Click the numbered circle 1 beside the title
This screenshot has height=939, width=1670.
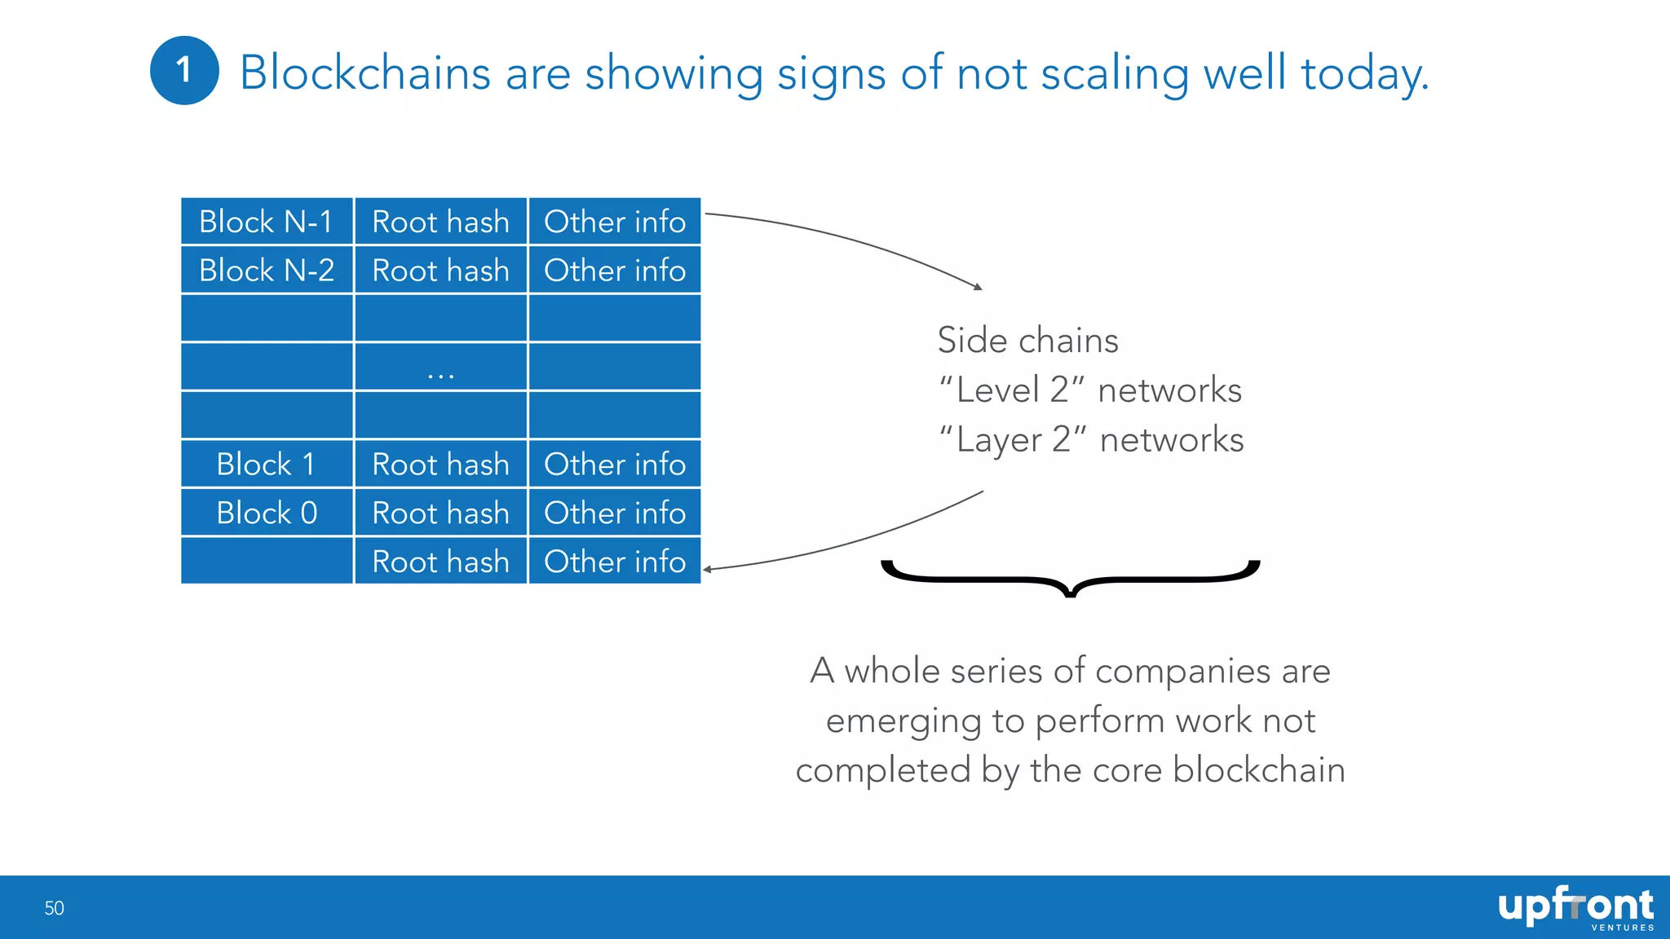click(184, 70)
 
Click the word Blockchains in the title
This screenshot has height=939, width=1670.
click(364, 73)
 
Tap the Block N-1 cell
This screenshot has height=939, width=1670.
click(267, 222)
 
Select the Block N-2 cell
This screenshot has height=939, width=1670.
click(267, 270)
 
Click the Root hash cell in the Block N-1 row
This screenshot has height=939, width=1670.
click(440, 222)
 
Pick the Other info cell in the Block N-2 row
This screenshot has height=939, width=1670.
click(615, 270)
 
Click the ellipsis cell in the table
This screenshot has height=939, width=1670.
click(440, 367)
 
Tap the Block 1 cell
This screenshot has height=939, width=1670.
click(267, 464)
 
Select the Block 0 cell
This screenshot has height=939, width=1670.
click(267, 513)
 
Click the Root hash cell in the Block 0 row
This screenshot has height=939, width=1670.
click(440, 513)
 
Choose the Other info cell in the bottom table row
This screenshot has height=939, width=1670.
click(615, 562)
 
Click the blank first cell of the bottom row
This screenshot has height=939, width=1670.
click(267, 562)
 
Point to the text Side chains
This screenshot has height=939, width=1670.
click(1027, 341)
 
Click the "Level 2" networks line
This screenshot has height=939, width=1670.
click(1089, 390)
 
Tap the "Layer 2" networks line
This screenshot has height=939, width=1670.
click(1090, 440)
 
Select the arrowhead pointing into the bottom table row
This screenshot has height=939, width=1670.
click(708, 569)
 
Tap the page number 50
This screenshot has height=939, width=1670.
click(54, 908)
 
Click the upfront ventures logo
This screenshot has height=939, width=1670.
click(1575, 908)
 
